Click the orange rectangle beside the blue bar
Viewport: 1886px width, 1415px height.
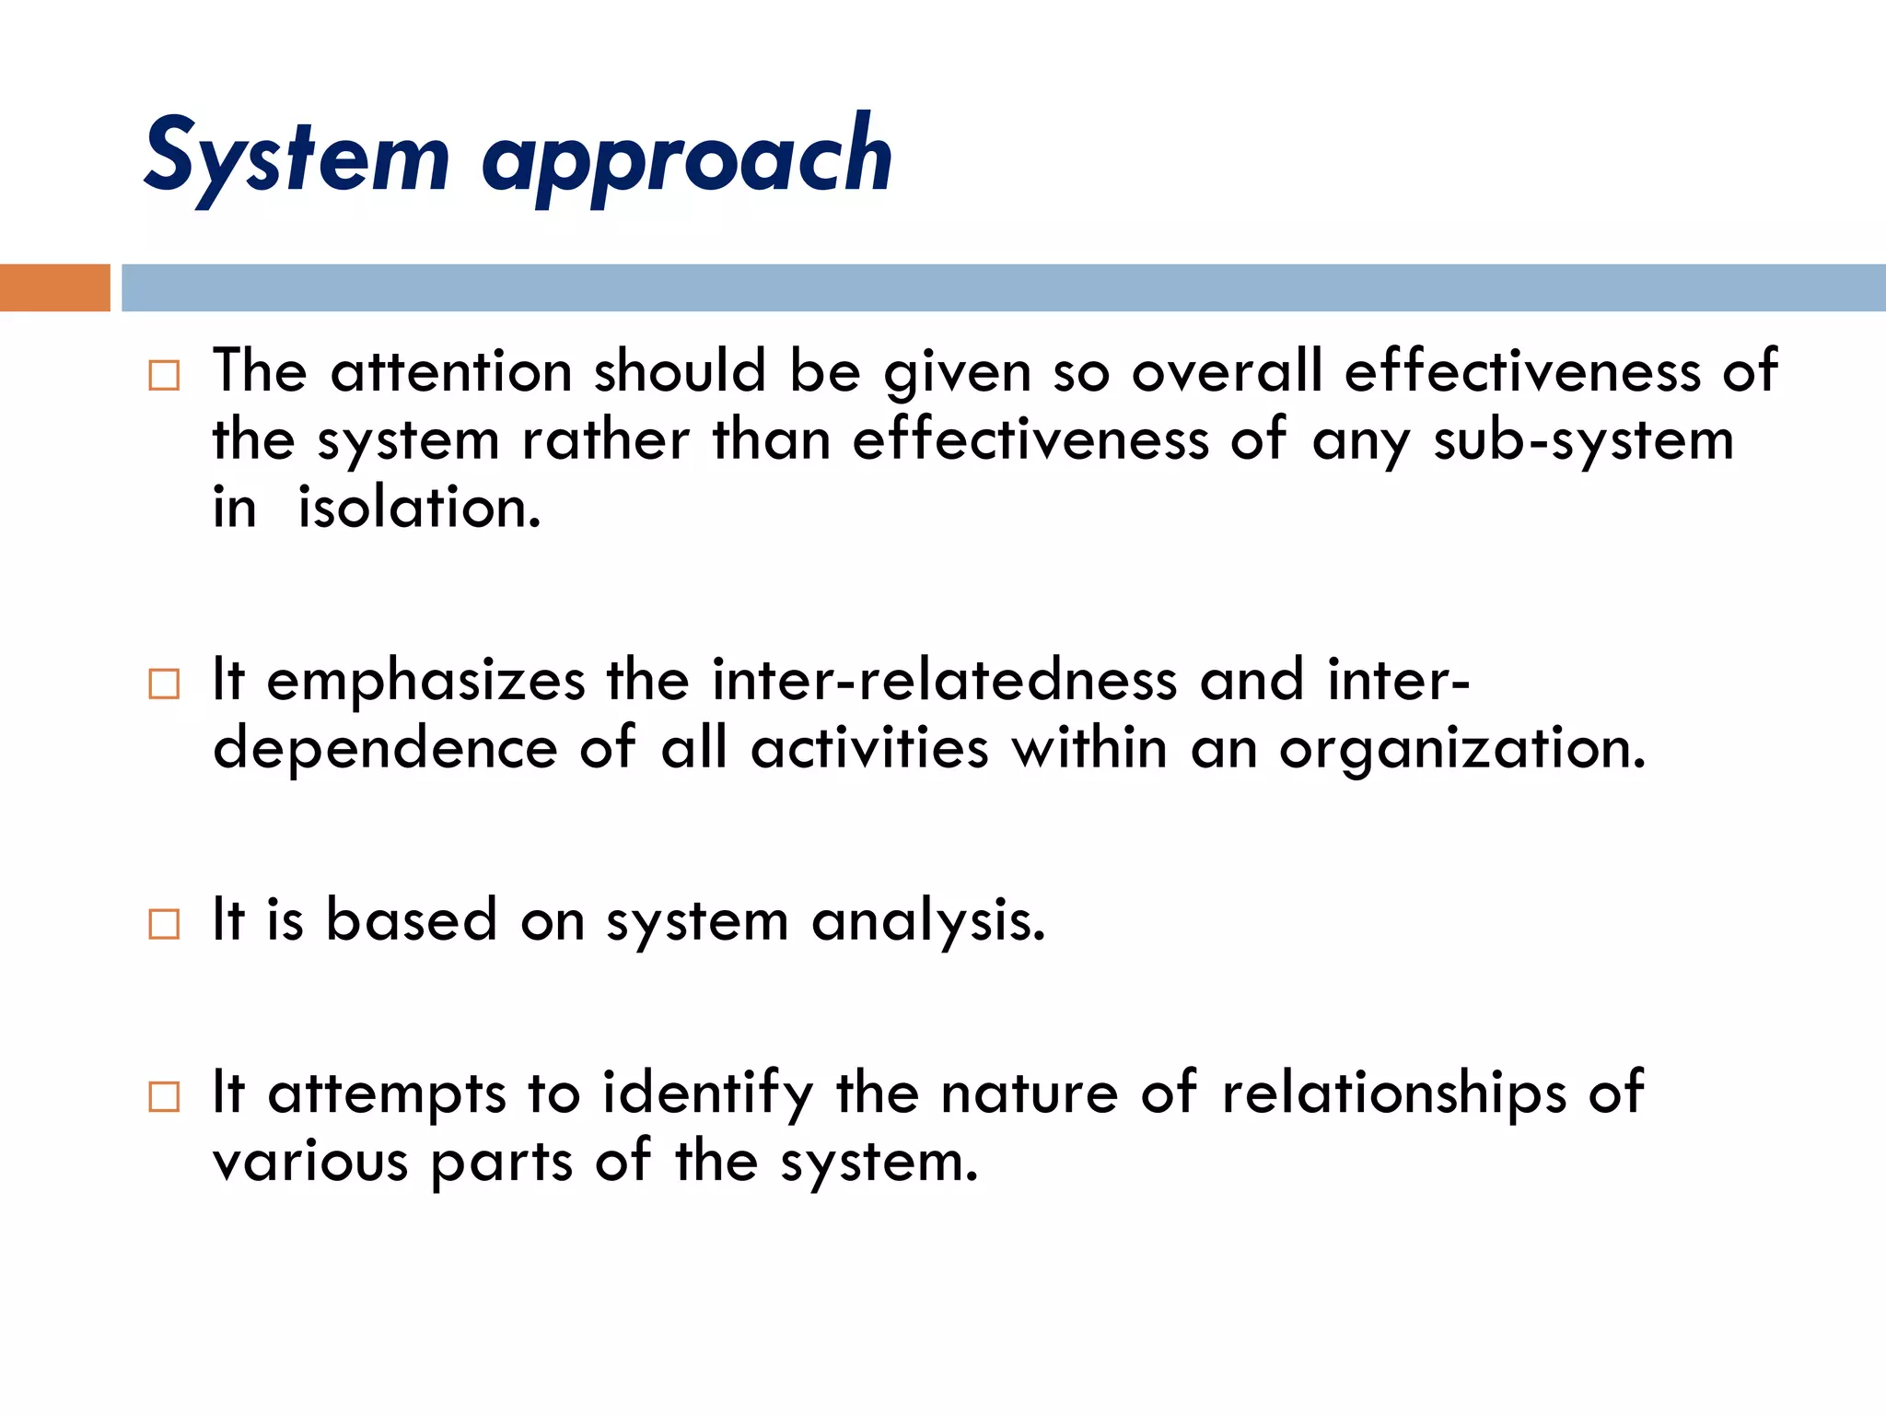(54, 287)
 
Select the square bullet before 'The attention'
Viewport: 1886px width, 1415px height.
(164, 375)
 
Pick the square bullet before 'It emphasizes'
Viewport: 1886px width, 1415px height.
(164, 684)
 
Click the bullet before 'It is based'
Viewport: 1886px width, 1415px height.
(164, 923)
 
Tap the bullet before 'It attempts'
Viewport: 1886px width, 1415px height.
(164, 1096)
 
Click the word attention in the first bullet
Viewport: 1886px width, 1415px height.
(451, 372)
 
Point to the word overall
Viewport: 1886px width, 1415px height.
(1227, 372)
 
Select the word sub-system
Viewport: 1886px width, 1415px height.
(1583, 440)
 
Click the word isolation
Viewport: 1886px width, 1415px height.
(419, 509)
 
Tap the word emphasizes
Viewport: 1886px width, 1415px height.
(425, 682)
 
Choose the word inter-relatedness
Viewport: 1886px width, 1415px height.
(944, 682)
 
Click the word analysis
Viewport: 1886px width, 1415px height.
(928, 921)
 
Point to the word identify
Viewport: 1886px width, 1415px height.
(707, 1094)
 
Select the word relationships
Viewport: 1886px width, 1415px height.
(1393, 1094)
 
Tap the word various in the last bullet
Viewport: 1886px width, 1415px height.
(309, 1163)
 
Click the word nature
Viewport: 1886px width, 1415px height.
(1029, 1094)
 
